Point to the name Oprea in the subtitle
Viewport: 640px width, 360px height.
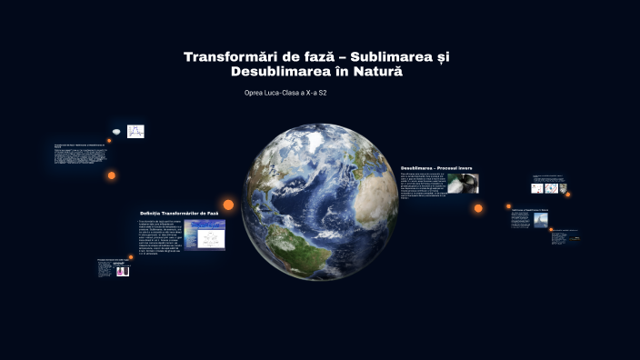pyautogui.click(x=256, y=94)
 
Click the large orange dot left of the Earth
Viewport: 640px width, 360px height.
pyautogui.click(x=228, y=205)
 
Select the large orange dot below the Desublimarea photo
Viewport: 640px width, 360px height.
pyautogui.click(x=478, y=208)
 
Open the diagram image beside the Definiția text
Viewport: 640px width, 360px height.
pyautogui.click(x=205, y=235)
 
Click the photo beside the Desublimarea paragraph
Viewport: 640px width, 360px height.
pyautogui.click(x=462, y=184)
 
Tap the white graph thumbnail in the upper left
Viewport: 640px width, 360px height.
pyautogui.click(x=135, y=131)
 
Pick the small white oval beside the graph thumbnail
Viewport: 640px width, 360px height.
pyautogui.click(x=115, y=132)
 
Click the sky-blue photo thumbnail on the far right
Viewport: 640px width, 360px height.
pyautogui.click(x=541, y=219)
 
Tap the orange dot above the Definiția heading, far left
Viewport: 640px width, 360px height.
pyautogui.click(x=112, y=175)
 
